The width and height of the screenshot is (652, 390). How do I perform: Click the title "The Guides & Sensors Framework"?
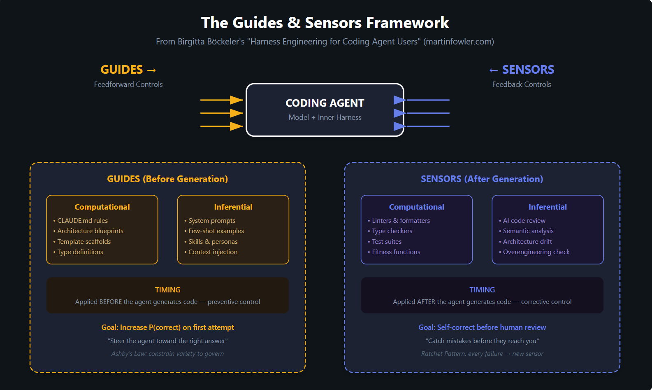point(325,23)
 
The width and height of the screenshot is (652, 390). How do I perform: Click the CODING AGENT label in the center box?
point(325,103)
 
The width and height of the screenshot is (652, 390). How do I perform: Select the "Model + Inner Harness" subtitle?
point(325,117)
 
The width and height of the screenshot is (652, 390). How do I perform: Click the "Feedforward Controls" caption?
point(128,84)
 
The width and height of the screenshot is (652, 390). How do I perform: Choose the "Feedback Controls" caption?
point(521,84)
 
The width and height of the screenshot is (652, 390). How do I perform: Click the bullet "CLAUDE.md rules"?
point(82,221)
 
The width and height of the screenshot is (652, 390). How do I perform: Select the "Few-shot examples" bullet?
point(216,231)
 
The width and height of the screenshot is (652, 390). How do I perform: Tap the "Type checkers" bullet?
point(392,231)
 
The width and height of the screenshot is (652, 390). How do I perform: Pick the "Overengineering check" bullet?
point(536,252)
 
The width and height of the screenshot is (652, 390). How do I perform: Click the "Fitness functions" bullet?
point(396,252)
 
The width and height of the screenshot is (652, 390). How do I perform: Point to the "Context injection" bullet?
point(213,252)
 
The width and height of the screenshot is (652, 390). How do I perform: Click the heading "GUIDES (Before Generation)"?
point(167,179)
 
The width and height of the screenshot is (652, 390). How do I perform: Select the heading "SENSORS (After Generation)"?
point(482,179)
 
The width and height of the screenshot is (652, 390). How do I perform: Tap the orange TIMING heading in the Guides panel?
point(167,290)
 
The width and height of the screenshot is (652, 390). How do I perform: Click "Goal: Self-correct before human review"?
point(482,327)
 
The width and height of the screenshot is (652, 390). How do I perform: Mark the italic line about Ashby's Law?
point(167,354)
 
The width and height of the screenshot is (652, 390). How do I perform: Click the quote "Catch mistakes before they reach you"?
point(482,341)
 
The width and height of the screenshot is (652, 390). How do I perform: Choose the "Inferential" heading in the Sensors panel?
point(548,207)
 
